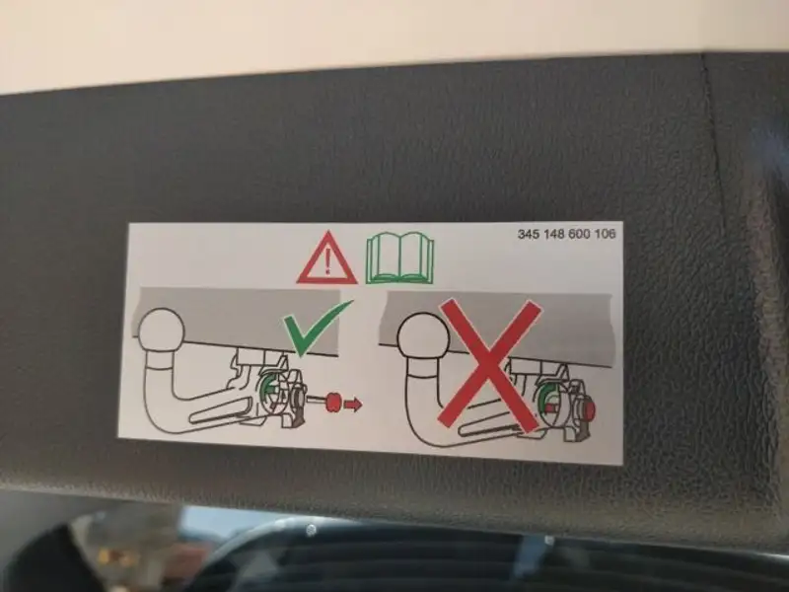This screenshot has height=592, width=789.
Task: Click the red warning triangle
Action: tap(327, 259)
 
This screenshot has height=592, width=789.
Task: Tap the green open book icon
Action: tap(400, 258)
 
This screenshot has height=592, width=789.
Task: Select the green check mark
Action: tap(316, 328)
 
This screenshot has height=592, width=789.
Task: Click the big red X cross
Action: tap(489, 365)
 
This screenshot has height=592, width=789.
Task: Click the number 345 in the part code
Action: tap(529, 234)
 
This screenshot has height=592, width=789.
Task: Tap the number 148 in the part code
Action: tap(554, 234)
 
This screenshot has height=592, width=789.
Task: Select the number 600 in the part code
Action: tap(580, 234)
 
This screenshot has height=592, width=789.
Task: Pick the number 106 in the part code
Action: tap(605, 234)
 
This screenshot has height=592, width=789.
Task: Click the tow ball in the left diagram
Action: tap(162, 331)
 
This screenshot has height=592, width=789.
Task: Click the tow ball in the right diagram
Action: tap(423, 336)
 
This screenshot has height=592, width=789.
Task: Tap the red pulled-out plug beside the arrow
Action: tap(332, 402)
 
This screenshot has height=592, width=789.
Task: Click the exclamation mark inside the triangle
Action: tap(328, 262)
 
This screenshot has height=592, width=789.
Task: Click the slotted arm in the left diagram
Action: tap(221, 410)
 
